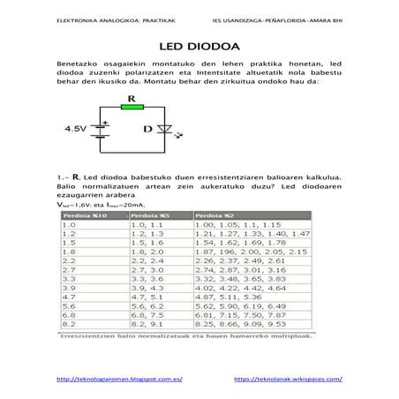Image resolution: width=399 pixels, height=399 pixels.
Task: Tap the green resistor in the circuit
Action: point(132,107)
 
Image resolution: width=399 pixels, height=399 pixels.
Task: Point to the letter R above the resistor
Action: point(131,97)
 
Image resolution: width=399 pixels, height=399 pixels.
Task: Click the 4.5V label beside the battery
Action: point(77,129)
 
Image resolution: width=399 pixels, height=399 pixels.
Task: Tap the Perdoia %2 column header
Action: point(215,215)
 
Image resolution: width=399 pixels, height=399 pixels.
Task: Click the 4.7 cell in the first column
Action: point(70,299)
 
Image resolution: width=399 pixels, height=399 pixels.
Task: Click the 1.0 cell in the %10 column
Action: point(70,225)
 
